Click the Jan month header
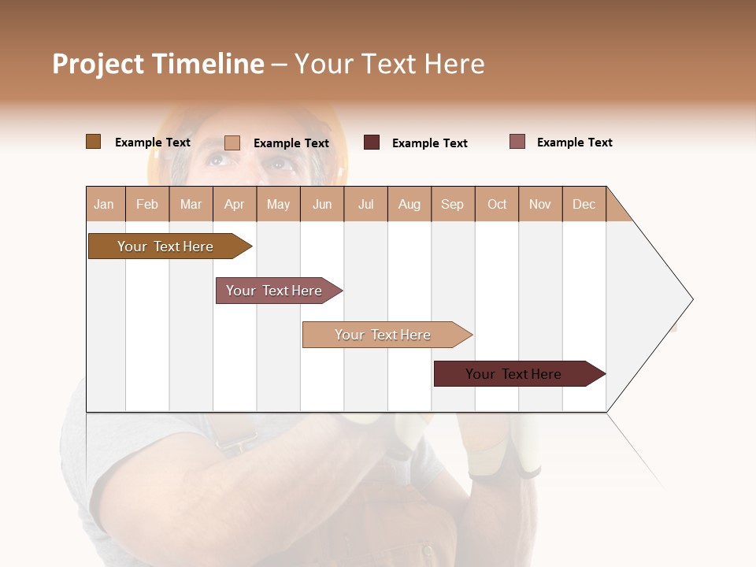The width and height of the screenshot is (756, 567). click(105, 204)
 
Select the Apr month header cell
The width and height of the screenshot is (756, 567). click(235, 204)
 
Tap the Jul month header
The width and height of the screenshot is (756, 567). click(365, 204)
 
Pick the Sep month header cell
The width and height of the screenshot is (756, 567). click(453, 204)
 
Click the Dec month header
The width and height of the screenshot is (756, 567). click(584, 204)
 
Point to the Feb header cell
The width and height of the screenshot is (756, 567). click(147, 204)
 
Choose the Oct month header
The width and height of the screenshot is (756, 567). click(497, 204)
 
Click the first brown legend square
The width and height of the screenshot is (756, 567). click(93, 142)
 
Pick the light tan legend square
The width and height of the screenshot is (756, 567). click(232, 143)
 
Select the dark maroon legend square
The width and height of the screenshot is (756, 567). click(372, 143)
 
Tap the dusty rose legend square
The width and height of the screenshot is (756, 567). click(517, 142)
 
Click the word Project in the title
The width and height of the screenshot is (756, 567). click(98, 64)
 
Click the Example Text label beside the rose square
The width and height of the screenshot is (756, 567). click(574, 143)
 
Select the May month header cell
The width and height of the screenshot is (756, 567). click(278, 204)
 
